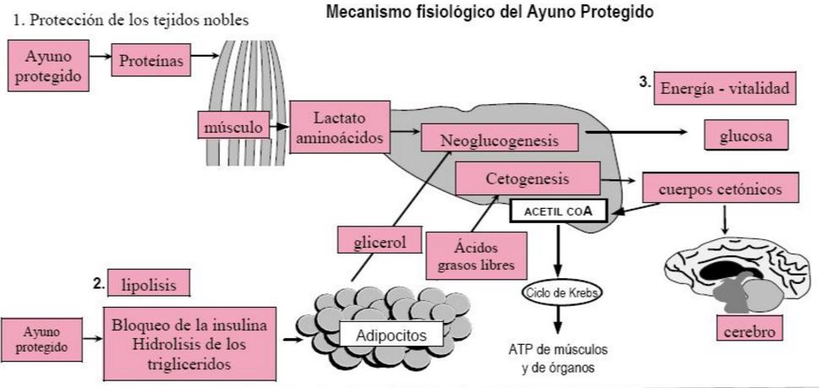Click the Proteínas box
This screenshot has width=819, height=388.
tap(152, 62)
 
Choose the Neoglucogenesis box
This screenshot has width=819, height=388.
tap(500, 139)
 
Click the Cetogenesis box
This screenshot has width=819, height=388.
tap(527, 179)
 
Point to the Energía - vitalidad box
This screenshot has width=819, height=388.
tap(724, 88)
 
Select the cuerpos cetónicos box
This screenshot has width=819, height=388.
tap(720, 188)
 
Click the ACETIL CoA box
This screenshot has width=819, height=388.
tap(558, 210)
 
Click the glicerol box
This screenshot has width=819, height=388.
tap(379, 242)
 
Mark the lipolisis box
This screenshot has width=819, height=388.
tap(149, 284)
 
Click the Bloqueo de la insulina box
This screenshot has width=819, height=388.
tap(189, 344)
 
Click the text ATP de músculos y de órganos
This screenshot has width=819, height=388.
tap(557, 358)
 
